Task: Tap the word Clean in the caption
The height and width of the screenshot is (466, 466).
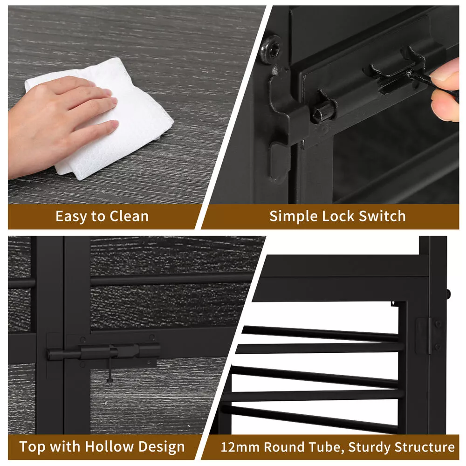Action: pyautogui.click(x=129, y=216)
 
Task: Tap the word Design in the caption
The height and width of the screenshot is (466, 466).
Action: pyautogui.click(x=161, y=447)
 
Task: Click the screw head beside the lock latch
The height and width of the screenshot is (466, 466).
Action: pyautogui.click(x=271, y=49)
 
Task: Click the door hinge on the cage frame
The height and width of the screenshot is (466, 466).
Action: pyautogui.click(x=428, y=336)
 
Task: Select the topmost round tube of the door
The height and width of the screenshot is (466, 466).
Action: pyautogui.click(x=320, y=334)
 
